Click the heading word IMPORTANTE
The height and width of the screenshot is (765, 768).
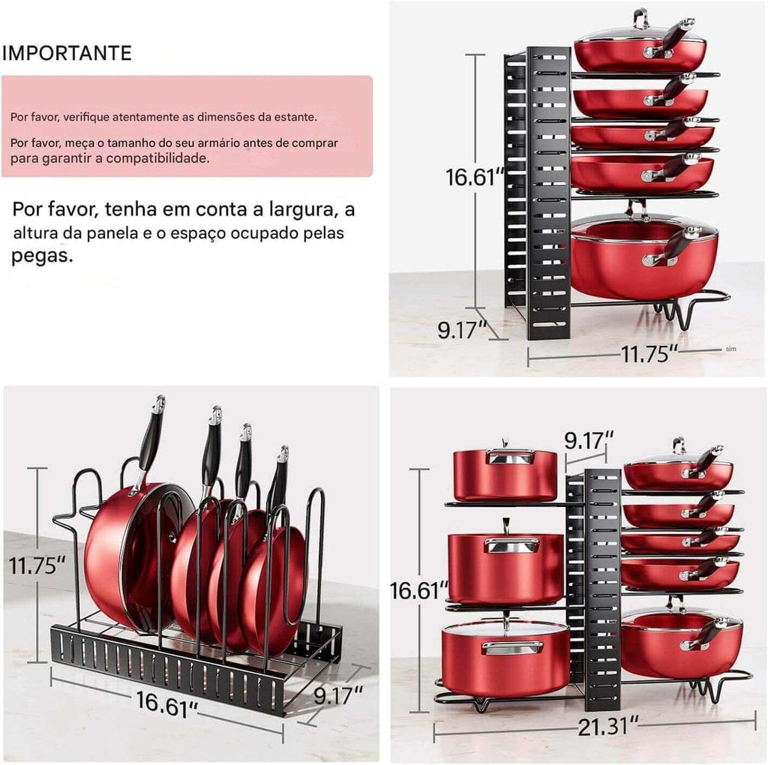tap(67, 53)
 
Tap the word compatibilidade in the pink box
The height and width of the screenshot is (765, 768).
tap(157, 158)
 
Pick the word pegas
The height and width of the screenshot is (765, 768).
tap(42, 256)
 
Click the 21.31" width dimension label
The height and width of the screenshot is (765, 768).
tap(608, 727)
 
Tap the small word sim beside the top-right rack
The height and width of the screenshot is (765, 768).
tap(730, 349)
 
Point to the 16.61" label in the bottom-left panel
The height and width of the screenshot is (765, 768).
tap(166, 704)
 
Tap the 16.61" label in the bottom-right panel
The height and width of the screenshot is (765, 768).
tap(419, 590)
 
